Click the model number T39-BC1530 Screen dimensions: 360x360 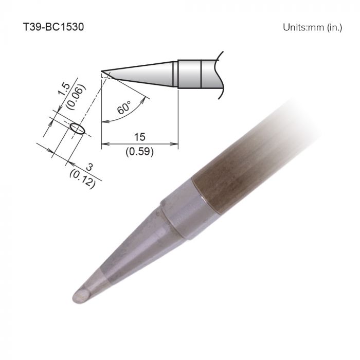53,27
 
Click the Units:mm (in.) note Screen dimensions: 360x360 312,27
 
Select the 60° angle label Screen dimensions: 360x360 124,109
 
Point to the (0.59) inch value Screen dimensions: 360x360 139,152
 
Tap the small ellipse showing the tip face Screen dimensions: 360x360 77,128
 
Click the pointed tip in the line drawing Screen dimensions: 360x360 103,71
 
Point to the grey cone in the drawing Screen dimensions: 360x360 149,73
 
